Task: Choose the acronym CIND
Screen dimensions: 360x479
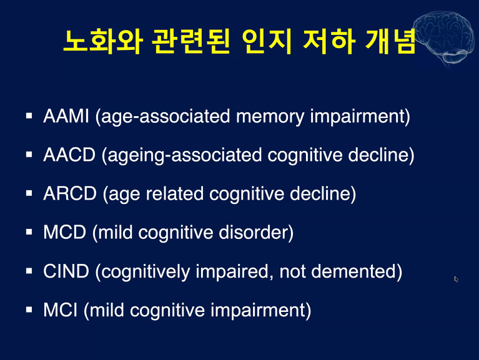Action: pyautogui.click(x=67, y=271)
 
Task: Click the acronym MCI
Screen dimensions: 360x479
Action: pyautogui.click(x=60, y=310)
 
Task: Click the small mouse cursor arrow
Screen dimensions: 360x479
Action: pyautogui.click(x=457, y=279)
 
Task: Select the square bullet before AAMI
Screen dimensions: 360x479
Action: pyautogui.click(x=29, y=115)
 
